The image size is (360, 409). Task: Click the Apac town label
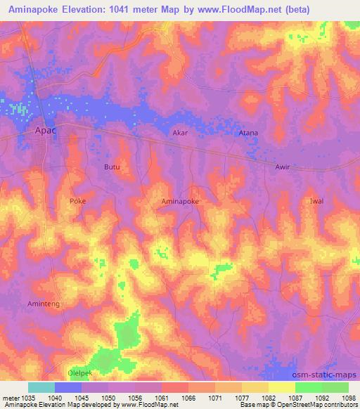click(45, 130)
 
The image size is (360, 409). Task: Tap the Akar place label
click(181, 132)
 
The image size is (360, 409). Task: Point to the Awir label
click(282, 167)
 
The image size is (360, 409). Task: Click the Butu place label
click(112, 167)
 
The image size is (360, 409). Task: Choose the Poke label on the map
click(77, 201)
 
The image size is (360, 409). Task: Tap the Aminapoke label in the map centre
click(180, 201)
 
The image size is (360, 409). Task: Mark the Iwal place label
click(316, 201)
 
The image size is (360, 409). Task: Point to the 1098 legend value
click(349, 397)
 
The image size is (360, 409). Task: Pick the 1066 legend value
click(188, 397)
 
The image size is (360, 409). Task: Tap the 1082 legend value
click(269, 397)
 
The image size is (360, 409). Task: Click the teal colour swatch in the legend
click(41, 387)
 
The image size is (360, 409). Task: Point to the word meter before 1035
click(11, 397)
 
